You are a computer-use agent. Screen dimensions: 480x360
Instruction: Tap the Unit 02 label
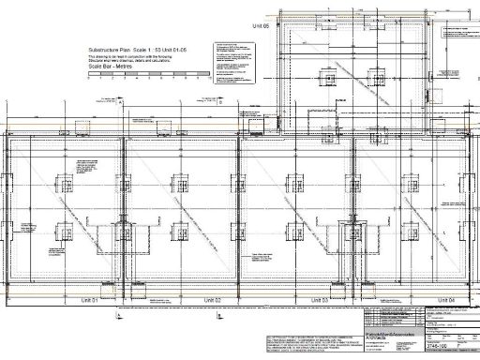click(x=212, y=299)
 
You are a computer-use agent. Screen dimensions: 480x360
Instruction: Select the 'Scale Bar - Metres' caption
click(x=110, y=67)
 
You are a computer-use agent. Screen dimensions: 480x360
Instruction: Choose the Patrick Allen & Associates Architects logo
click(x=380, y=336)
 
